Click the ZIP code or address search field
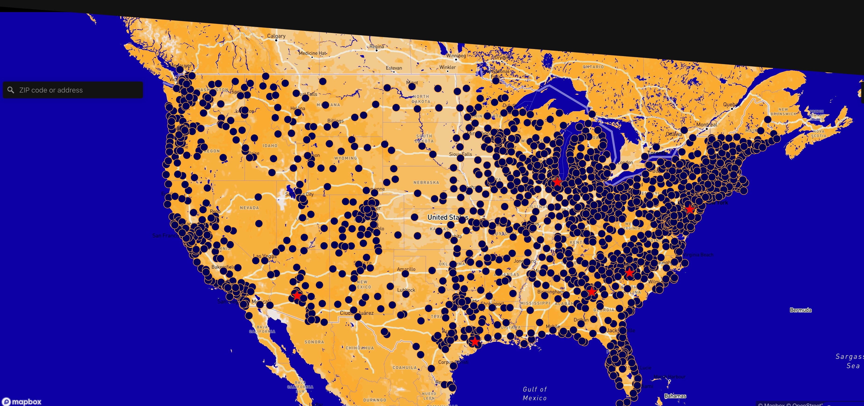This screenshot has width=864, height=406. (x=77, y=90)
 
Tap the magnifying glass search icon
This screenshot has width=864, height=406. (x=11, y=90)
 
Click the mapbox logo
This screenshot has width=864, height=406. (x=22, y=401)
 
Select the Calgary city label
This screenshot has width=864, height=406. (x=276, y=36)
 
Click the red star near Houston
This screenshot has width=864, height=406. (x=475, y=342)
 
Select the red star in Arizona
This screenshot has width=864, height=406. (x=297, y=295)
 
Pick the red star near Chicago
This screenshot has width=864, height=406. (x=557, y=182)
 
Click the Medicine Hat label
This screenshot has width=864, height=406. (x=312, y=53)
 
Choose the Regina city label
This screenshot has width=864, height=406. (x=376, y=46)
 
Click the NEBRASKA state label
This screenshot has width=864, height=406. (x=426, y=183)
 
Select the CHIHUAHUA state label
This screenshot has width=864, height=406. (x=360, y=348)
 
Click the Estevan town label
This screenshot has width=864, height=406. (x=394, y=68)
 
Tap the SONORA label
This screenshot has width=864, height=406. (x=314, y=342)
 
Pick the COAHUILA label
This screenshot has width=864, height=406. (x=404, y=368)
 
